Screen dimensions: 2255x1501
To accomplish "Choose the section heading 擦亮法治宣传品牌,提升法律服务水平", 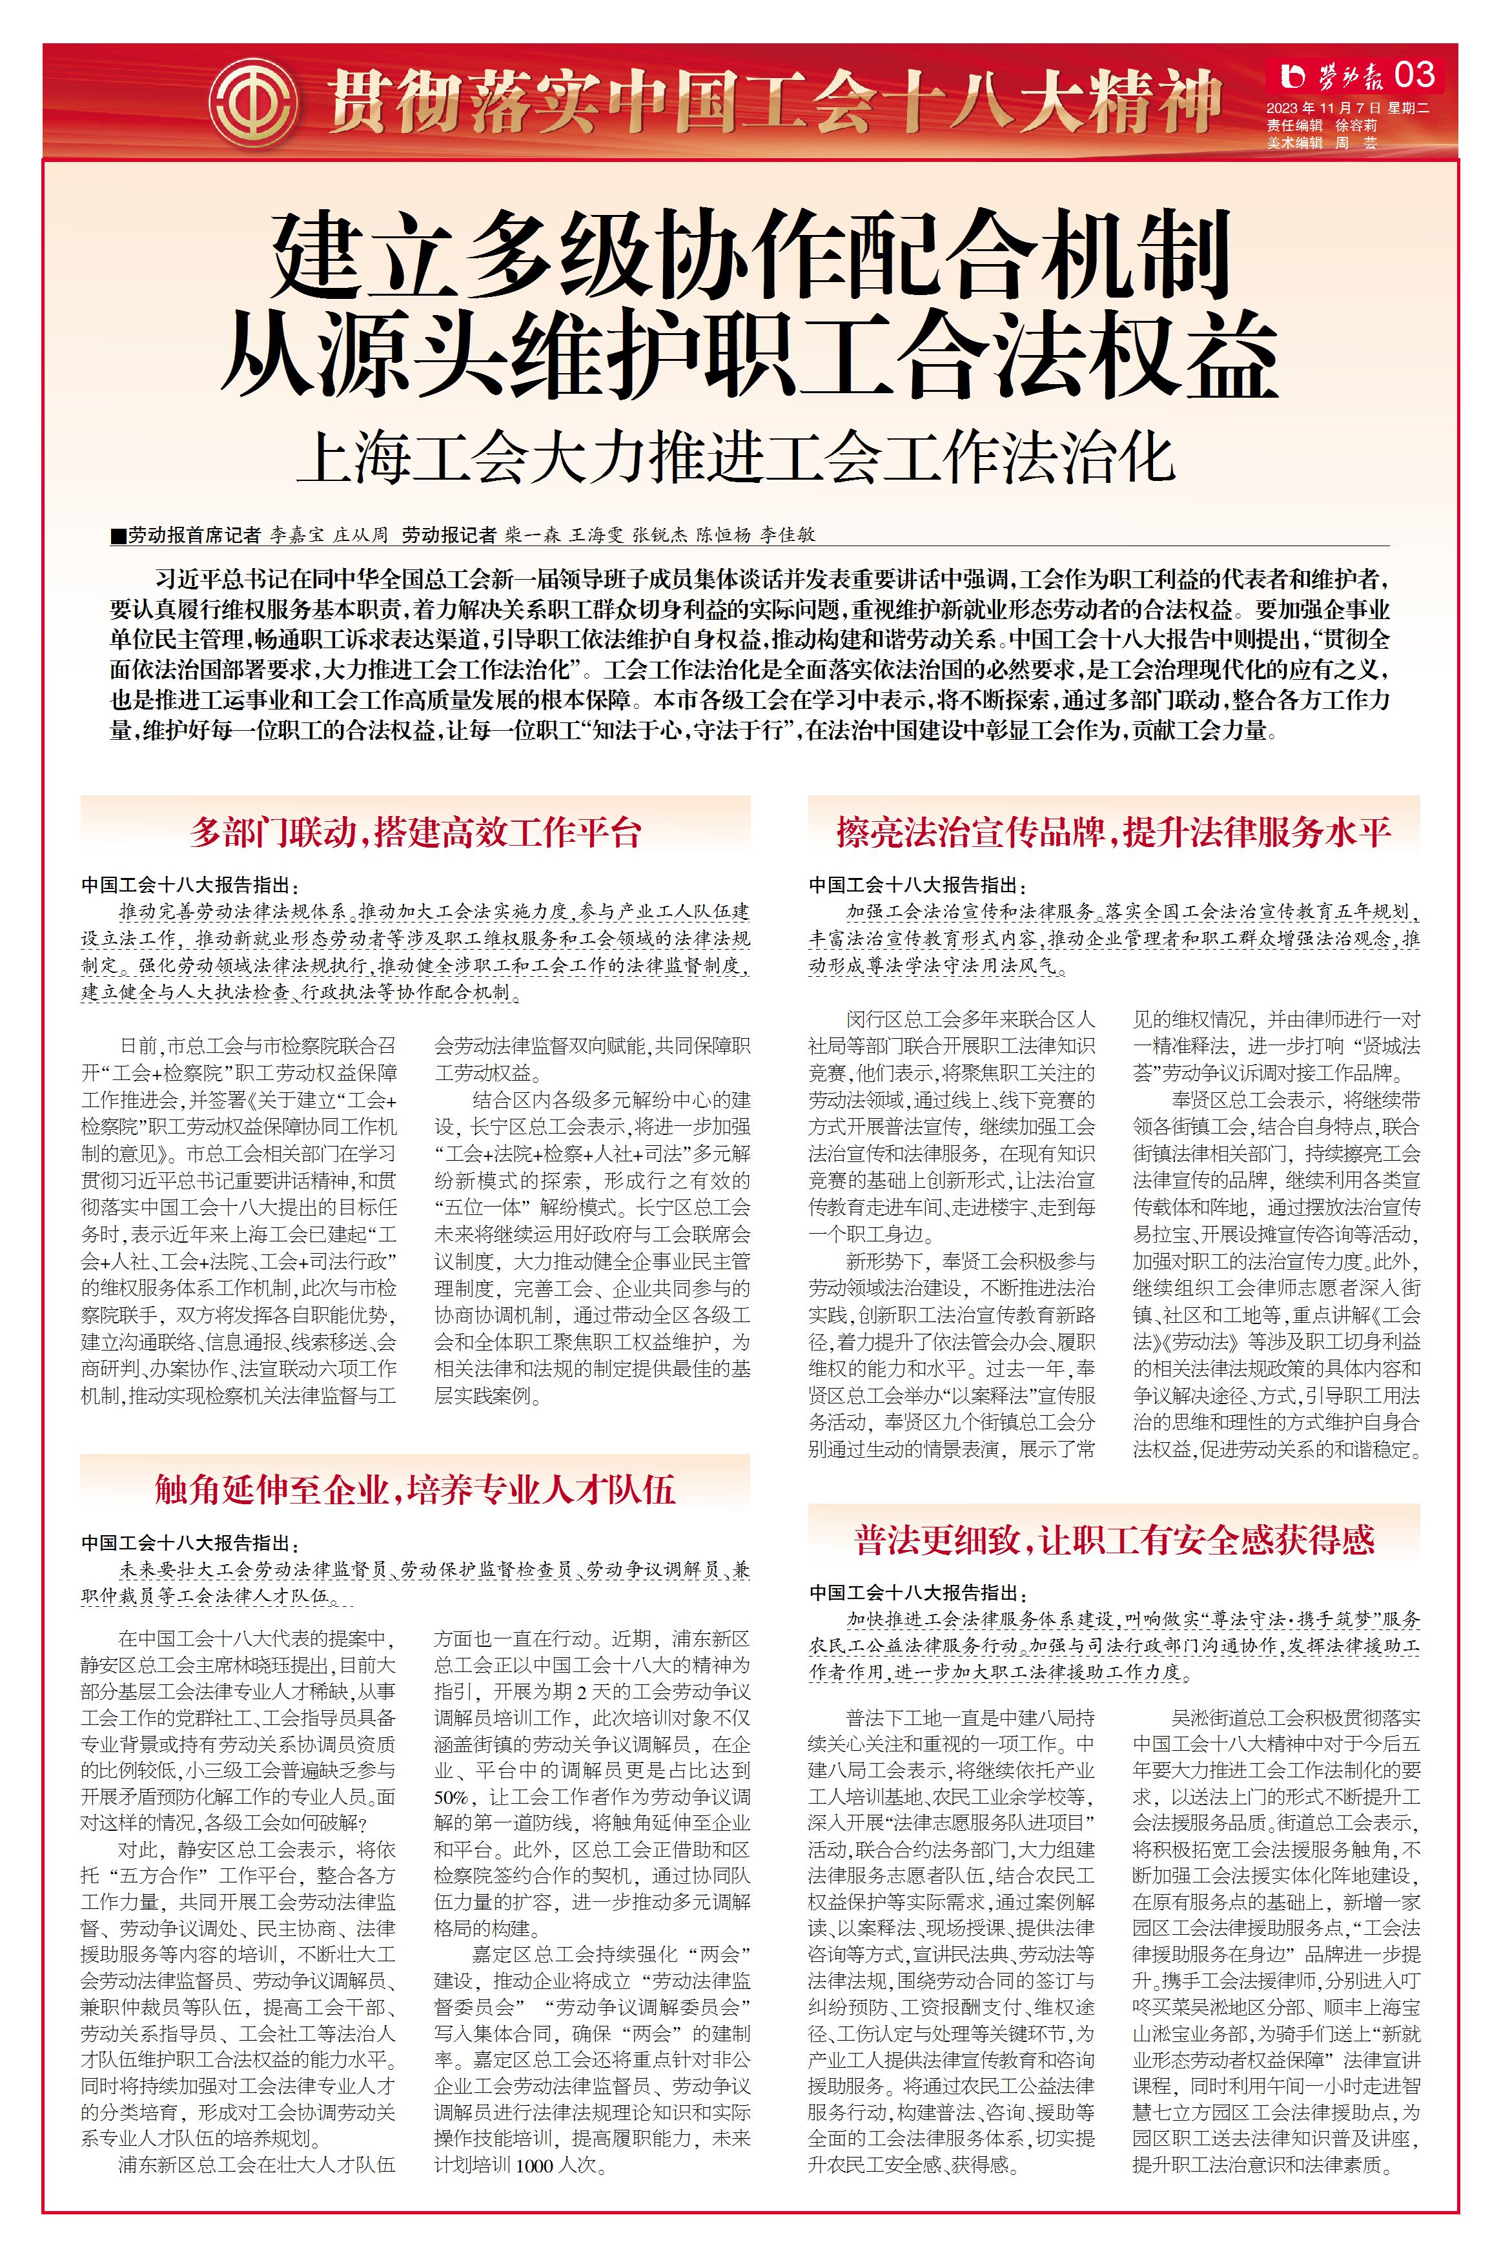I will (1113, 832).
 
